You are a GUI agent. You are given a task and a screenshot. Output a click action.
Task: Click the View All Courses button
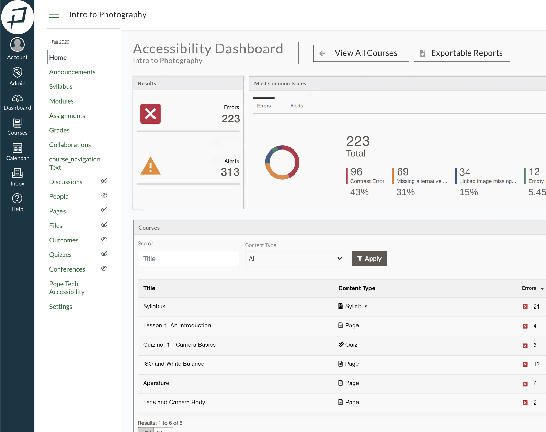(361, 53)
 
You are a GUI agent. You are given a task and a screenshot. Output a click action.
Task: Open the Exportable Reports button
(462, 53)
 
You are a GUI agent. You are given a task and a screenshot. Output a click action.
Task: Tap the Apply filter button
(369, 259)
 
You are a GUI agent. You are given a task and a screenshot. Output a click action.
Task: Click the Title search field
(188, 259)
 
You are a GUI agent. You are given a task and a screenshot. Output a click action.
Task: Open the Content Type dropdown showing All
(295, 259)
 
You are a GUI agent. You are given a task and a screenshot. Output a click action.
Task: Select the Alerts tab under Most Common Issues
(296, 106)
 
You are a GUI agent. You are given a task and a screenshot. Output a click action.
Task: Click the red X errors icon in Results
(150, 114)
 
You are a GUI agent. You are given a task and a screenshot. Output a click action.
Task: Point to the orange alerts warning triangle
(150, 166)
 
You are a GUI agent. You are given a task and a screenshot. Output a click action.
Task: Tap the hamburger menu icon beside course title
(54, 15)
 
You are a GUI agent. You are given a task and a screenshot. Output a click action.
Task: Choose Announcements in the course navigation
(72, 72)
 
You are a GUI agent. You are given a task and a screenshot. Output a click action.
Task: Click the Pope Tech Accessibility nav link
(67, 288)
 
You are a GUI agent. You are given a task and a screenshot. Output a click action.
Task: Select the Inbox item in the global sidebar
(17, 177)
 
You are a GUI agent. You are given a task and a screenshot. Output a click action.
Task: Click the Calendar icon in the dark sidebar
(17, 148)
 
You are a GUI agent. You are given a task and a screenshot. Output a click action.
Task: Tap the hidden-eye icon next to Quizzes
(104, 254)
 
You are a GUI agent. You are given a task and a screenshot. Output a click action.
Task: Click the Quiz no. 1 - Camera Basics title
(179, 345)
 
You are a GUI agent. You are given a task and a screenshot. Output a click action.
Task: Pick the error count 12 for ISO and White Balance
(536, 364)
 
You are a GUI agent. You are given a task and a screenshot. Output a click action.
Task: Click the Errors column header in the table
(529, 288)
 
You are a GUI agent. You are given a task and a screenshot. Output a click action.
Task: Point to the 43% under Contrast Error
(359, 192)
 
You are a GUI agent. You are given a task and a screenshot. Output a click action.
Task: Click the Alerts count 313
(230, 172)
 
